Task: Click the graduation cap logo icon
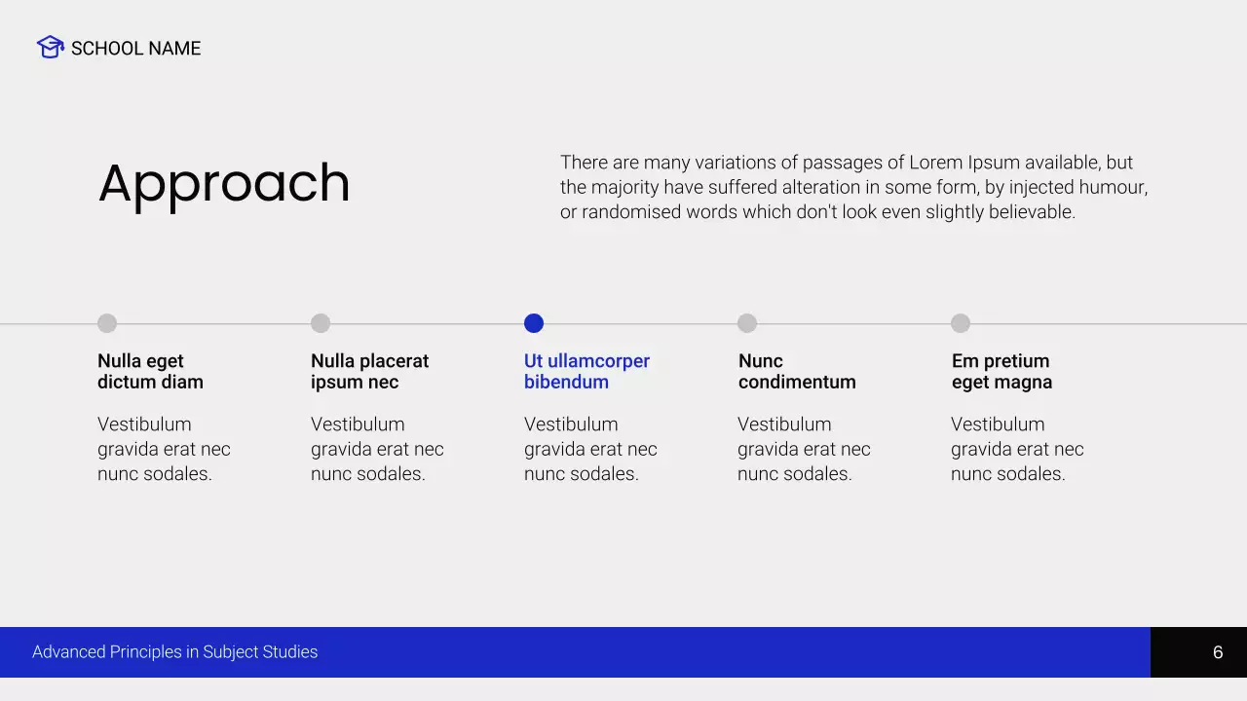(50, 47)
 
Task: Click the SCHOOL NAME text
(135, 49)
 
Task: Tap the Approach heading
(224, 183)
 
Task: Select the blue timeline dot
(534, 323)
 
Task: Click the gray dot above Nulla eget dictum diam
(107, 323)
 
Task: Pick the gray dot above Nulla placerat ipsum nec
(321, 323)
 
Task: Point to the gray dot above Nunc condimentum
(747, 323)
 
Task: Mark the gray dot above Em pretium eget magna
(961, 323)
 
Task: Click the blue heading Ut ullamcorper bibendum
(586, 371)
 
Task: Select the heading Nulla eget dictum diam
(150, 371)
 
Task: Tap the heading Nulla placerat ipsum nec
(369, 371)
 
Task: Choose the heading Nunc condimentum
(797, 371)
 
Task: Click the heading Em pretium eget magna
(1001, 371)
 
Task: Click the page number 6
(1218, 652)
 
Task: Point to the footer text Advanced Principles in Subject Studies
(175, 652)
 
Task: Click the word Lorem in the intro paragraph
(935, 163)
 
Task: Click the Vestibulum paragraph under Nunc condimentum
(804, 449)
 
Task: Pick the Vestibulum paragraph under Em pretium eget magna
(1017, 449)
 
